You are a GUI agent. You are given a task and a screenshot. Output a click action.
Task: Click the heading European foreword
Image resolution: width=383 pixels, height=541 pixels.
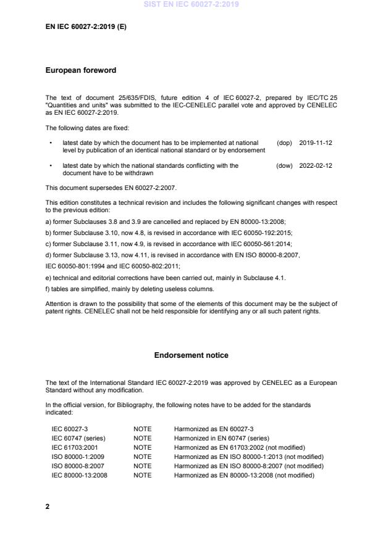coord(81,70)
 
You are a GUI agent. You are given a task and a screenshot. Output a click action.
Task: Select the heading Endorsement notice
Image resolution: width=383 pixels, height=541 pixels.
coord(191,355)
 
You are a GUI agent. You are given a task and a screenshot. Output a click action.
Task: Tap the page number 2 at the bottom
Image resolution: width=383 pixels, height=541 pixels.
coord(48,506)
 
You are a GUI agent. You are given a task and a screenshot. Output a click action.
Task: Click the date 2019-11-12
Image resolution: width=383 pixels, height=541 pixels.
coord(316,142)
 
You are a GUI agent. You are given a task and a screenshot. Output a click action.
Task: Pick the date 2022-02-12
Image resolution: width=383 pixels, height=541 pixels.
coord(316,166)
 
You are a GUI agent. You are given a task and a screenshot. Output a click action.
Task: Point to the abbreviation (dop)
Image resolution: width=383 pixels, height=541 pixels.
coord(284,142)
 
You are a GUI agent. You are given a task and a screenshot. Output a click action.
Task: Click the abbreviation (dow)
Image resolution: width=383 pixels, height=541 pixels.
coord(284,166)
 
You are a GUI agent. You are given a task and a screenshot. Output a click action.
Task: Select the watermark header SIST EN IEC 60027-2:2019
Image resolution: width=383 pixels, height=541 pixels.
coord(191,5)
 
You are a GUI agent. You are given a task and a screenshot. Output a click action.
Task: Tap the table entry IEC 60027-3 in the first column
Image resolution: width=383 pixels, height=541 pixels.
coord(69,429)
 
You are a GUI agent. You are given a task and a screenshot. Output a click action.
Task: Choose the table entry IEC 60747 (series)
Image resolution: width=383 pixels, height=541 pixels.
coord(77,438)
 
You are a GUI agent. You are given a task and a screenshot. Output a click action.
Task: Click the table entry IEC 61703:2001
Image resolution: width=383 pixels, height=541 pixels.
coord(74,447)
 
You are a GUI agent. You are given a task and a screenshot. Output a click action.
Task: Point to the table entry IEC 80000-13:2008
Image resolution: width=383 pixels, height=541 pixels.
coord(79,475)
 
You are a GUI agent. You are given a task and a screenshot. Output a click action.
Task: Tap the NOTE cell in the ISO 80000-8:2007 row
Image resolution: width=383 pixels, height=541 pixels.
coord(142,466)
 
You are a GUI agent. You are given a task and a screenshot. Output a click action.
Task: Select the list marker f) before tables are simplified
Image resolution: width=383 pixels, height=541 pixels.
coord(48,289)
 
